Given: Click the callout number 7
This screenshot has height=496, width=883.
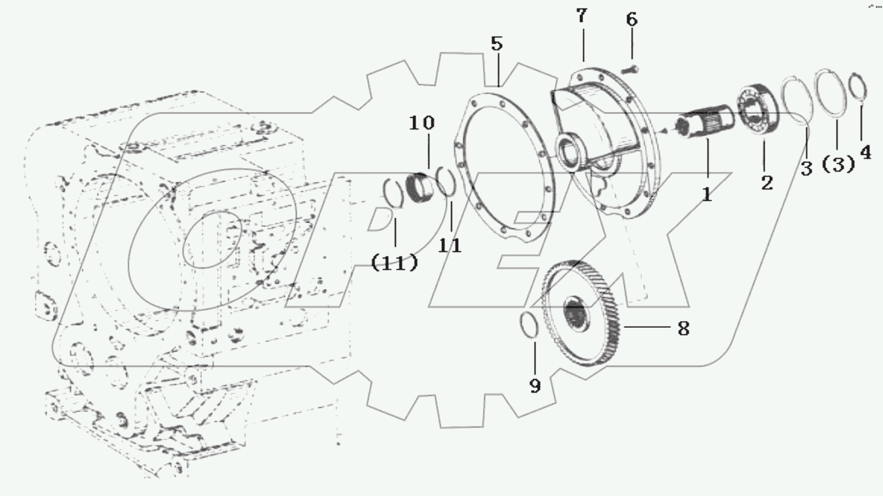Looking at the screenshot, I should (582, 16).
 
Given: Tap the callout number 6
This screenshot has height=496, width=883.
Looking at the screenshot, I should (631, 20).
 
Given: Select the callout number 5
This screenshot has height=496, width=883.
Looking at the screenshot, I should (497, 44).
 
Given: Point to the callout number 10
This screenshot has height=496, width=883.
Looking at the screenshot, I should (422, 122).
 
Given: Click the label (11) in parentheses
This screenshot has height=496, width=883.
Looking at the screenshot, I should (394, 263).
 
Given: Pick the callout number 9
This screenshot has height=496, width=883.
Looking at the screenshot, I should (535, 386).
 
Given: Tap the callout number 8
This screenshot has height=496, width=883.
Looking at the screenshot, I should (683, 328).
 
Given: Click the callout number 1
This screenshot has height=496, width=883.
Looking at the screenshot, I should (707, 194).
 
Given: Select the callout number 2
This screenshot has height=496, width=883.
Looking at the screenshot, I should (766, 183).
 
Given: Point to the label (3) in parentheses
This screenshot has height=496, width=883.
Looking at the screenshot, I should (838, 165).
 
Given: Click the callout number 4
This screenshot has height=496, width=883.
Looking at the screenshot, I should (865, 152).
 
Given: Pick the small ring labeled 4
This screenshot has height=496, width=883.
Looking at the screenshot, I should (857, 87).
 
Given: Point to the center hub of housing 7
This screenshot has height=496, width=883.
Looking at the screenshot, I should (569, 149).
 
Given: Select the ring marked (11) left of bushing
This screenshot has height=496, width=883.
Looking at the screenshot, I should (393, 194).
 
